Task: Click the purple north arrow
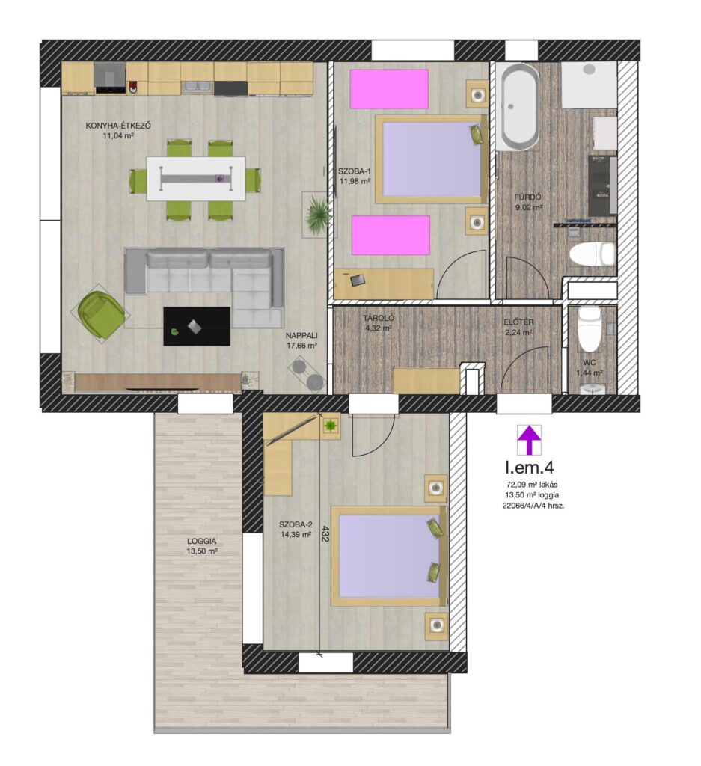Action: [529, 439]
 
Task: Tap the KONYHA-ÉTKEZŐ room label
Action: [118, 126]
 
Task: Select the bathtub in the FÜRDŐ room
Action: [518, 106]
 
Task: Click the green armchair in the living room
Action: [100, 314]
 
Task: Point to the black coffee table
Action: [196, 326]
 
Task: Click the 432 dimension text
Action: [325, 533]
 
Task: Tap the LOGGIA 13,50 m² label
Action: [202, 545]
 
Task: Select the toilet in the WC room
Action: [590, 328]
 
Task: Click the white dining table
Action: [196, 178]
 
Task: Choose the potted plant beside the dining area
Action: [317, 215]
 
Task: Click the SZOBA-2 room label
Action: [296, 524]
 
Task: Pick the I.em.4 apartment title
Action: [530, 467]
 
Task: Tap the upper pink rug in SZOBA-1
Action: [389, 89]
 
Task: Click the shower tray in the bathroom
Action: [589, 85]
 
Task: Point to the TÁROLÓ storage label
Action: [378, 318]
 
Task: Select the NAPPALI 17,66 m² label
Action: [302, 340]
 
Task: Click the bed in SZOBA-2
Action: [389, 557]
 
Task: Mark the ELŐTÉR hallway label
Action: [518, 322]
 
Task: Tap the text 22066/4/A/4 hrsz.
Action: [533, 506]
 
